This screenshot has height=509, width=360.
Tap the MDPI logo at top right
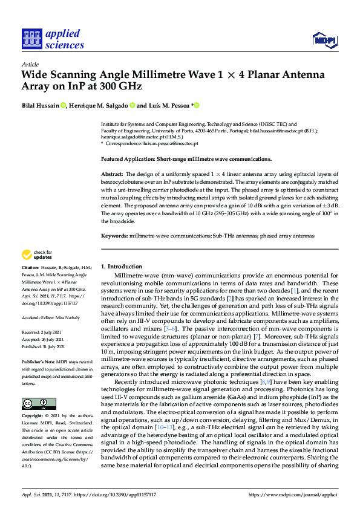[326, 40]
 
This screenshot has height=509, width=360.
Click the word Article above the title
[30, 64]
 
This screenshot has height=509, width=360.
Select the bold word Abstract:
[113, 174]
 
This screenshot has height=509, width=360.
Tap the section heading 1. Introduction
[121, 267]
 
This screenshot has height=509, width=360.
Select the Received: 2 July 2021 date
[43, 332]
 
